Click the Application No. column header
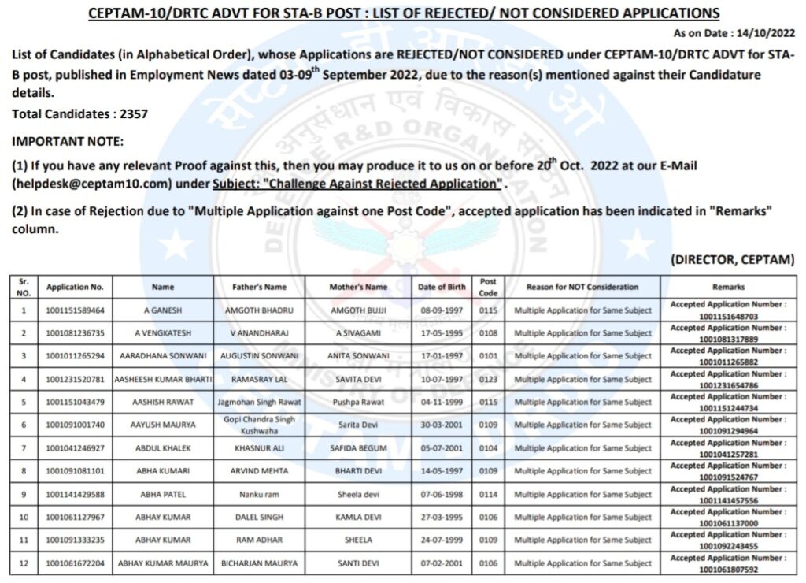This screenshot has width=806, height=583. [x=75, y=287]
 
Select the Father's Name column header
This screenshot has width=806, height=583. [x=260, y=287]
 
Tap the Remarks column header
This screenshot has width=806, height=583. [x=728, y=287]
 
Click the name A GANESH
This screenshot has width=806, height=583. [x=163, y=310]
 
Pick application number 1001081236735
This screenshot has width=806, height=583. [x=75, y=333]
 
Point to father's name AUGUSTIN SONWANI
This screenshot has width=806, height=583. [x=260, y=356]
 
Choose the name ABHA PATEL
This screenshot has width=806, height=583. [x=163, y=495]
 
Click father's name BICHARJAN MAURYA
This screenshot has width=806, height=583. [x=260, y=564]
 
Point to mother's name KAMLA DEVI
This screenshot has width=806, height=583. [x=358, y=518]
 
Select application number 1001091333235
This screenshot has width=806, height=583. [x=75, y=540]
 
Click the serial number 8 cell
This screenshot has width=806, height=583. [x=24, y=471]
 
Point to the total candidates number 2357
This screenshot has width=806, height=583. [x=134, y=114]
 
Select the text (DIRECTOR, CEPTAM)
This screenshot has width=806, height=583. [x=732, y=260]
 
